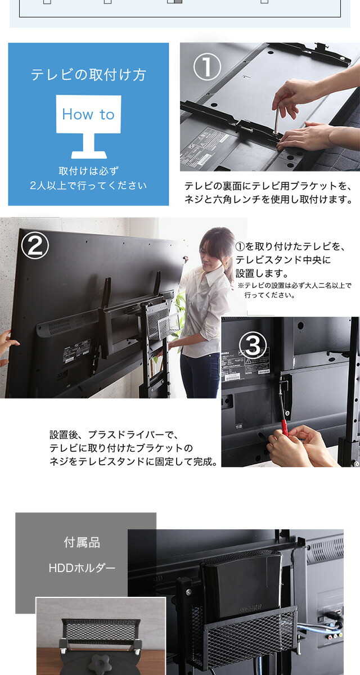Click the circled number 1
[x=207, y=66]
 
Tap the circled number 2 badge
[x=35, y=245]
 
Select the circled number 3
[x=253, y=345]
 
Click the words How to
[x=88, y=114]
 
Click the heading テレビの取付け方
[x=88, y=74]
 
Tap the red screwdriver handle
[x=285, y=428]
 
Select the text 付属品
[x=82, y=542]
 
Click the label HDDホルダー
[x=82, y=568]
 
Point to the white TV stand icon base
[x=88, y=154]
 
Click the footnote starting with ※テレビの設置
[x=294, y=290]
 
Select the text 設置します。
[x=262, y=273]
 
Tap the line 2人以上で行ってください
[x=88, y=186]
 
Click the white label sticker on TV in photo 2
[x=76, y=351]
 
